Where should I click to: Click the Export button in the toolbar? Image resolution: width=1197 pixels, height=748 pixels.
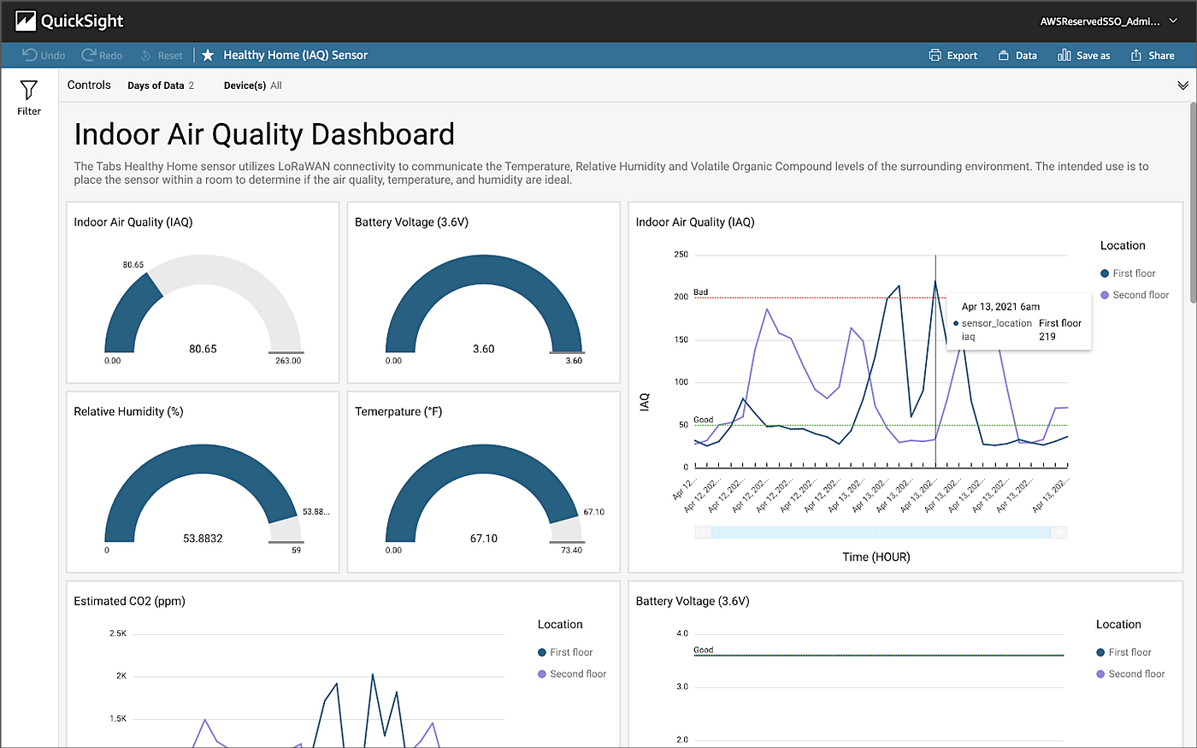tap(953, 56)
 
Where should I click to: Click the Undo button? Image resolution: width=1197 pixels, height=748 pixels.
tap(44, 56)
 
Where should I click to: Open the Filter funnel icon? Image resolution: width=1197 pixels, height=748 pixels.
tap(29, 91)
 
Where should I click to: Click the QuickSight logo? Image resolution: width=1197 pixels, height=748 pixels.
tap(69, 21)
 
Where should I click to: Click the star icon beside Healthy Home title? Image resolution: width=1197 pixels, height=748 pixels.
tap(208, 56)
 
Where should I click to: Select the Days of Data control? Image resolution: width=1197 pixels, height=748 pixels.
tap(161, 85)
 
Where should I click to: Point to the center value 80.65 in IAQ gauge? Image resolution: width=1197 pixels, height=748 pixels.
tap(203, 349)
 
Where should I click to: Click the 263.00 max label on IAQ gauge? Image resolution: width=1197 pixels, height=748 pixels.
tap(288, 361)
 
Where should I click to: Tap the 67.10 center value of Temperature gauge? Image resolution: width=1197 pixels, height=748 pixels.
tap(483, 539)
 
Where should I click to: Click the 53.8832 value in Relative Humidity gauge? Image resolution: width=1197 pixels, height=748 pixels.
tap(203, 539)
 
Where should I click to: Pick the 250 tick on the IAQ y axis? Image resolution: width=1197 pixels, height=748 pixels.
tap(681, 255)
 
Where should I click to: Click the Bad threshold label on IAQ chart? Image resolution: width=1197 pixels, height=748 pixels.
tap(700, 292)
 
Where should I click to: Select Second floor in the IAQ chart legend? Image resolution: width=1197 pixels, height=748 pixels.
tap(1140, 295)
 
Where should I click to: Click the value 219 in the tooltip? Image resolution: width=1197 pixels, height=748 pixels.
tap(1047, 337)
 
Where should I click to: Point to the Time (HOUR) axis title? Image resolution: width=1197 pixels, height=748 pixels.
tap(876, 557)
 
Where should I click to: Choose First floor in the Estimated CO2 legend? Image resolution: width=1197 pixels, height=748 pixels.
tap(570, 652)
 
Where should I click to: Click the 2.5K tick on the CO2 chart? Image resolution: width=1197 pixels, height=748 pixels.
tap(118, 633)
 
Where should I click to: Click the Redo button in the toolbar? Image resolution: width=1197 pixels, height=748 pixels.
tap(102, 56)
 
